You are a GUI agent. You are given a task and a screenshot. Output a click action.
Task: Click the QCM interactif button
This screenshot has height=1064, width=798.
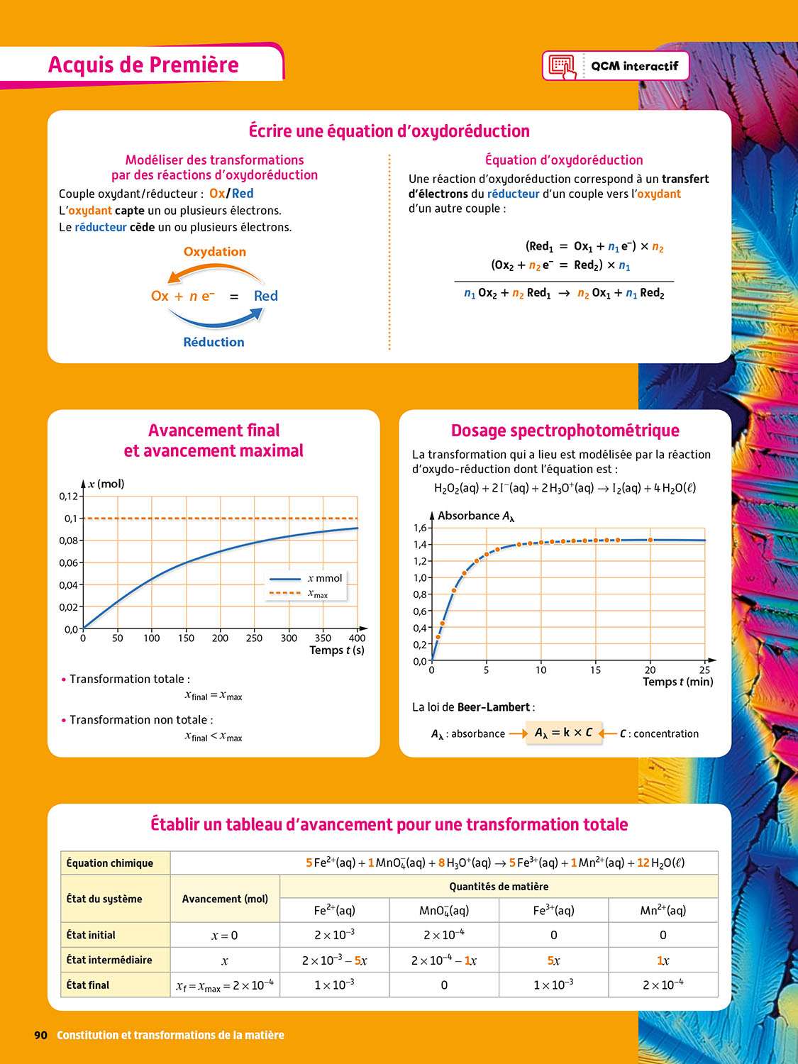[x=615, y=66]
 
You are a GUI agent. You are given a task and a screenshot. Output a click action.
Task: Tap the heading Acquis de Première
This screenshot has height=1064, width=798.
[x=143, y=65]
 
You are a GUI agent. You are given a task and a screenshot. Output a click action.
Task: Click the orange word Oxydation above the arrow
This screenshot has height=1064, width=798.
[x=214, y=252]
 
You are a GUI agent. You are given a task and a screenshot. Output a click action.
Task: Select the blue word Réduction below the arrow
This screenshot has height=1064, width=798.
[x=214, y=342]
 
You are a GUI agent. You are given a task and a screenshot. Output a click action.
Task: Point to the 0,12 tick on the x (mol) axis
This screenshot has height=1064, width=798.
[x=68, y=496]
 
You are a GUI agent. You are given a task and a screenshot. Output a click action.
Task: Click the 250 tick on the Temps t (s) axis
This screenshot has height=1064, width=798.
[x=254, y=638]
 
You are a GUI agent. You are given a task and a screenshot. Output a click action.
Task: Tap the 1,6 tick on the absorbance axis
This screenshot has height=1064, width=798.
[x=420, y=528]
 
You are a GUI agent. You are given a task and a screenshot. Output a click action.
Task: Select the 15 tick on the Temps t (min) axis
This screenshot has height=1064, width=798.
[x=595, y=670]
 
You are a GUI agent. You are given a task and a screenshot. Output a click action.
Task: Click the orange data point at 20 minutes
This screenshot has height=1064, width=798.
[x=650, y=540]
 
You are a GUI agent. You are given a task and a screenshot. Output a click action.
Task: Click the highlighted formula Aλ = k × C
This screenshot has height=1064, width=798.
[x=563, y=733]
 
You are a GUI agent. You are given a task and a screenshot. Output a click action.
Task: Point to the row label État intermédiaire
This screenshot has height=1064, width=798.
[x=109, y=960]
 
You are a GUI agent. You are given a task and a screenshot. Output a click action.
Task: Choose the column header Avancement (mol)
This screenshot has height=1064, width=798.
[x=225, y=899]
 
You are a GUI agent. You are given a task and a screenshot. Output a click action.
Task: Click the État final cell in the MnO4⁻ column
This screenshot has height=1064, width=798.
[x=444, y=985]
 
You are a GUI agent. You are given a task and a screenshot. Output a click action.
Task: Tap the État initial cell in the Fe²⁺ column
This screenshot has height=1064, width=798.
[x=334, y=935]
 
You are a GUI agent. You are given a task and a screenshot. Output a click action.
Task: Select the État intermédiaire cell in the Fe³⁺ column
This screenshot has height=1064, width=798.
[x=553, y=960]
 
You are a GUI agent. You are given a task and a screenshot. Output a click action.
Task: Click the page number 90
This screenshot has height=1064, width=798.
[x=40, y=1035]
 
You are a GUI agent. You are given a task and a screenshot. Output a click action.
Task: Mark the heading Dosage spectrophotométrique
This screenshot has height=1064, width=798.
[x=565, y=431]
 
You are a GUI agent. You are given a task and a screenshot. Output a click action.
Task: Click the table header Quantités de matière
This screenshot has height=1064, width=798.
[x=499, y=887]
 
